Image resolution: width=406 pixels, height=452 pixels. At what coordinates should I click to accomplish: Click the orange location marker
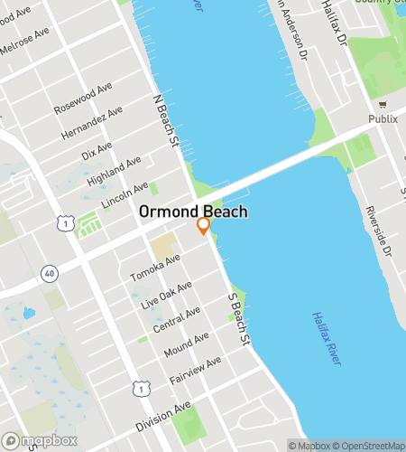pyautogui.click(x=204, y=225)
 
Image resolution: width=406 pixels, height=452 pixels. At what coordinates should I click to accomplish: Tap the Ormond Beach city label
pyautogui.click(x=193, y=212)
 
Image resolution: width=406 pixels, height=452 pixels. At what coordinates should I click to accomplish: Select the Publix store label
pyautogui.click(x=382, y=118)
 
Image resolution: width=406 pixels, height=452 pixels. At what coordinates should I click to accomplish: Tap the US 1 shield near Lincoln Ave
pyautogui.click(x=64, y=221)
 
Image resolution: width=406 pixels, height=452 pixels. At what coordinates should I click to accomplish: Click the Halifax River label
pyautogui.click(x=326, y=338)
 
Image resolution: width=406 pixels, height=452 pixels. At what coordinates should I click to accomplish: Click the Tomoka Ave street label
pyautogui.click(x=155, y=266)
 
